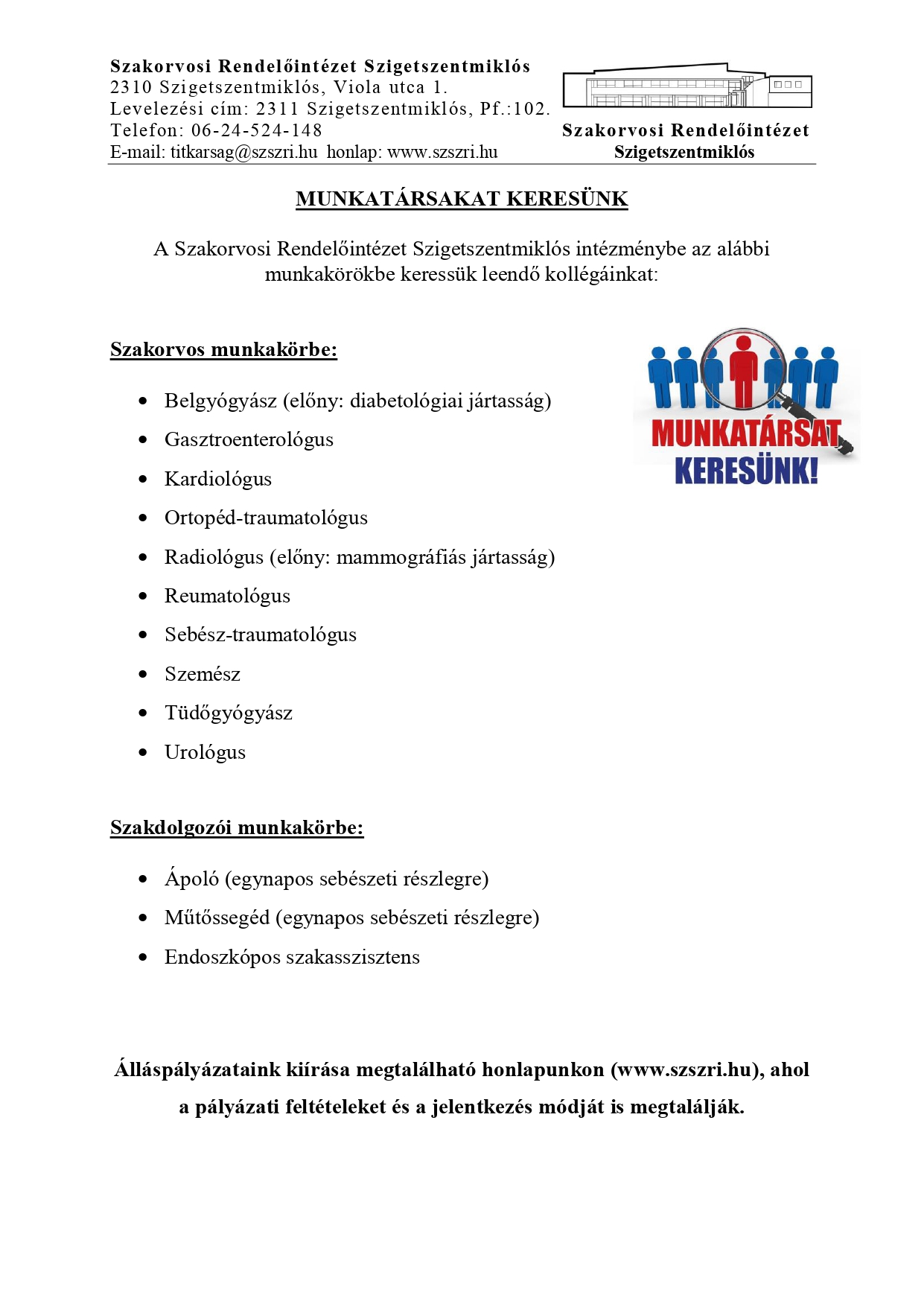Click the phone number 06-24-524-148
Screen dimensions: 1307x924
pos(256,130)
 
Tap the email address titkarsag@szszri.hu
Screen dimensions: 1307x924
pos(243,152)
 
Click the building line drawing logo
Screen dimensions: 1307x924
pos(686,86)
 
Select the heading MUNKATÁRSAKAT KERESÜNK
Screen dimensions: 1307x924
pos(462,199)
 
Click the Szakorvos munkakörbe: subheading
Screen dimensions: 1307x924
pos(223,349)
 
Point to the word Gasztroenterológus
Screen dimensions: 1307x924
pos(249,439)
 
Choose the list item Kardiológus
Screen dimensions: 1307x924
pos(217,479)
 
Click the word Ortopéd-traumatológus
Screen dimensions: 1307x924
pos(266,518)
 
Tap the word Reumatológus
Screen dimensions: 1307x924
pos(227,596)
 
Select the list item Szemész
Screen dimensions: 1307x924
pos(202,674)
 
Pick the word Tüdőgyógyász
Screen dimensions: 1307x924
pos(228,713)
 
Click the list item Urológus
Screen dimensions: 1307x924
pos(205,752)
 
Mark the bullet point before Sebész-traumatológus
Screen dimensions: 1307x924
pos(143,635)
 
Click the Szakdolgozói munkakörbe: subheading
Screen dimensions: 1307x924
pos(237,827)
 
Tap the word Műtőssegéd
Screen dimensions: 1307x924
pos(217,918)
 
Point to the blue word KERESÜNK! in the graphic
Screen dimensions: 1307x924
pos(746,471)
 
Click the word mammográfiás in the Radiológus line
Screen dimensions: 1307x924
pos(401,557)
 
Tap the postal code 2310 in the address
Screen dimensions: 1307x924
pos(132,88)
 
